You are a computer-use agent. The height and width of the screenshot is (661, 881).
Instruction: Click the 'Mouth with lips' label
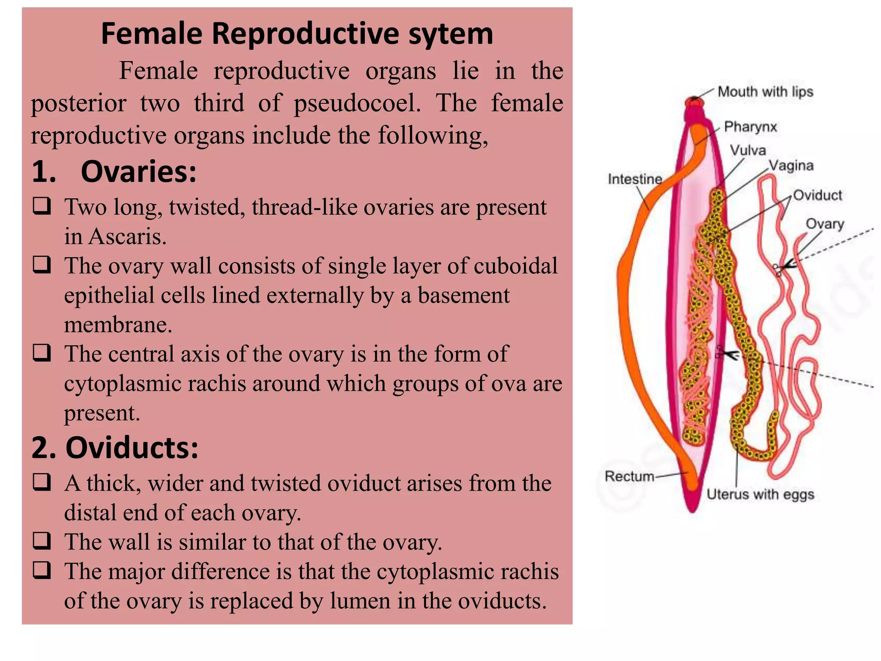pyautogui.click(x=765, y=92)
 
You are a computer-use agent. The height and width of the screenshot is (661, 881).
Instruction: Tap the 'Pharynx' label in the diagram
pyautogui.click(x=750, y=127)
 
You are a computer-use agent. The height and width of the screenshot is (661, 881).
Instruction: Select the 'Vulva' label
pyautogui.click(x=748, y=150)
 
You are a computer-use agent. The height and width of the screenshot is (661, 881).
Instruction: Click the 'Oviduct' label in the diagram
pyautogui.click(x=817, y=195)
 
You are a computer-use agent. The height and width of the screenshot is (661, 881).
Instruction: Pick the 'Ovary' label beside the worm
pyautogui.click(x=825, y=224)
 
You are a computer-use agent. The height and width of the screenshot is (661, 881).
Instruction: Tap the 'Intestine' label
pyautogui.click(x=635, y=179)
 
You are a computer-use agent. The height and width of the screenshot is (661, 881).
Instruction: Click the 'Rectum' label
pyautogui.click(x=629, y=476)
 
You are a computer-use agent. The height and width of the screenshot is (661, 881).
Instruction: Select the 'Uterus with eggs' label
pyautogui.click(x=760, y=494)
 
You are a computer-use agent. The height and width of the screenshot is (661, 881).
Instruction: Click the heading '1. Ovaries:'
pyautogui.click(x=114, y=172)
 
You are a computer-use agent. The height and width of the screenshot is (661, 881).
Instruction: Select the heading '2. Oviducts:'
pyautogui.click(x=115, y=448)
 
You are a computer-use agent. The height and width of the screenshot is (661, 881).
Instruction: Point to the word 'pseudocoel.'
pyautogui.click(x=357, y=103)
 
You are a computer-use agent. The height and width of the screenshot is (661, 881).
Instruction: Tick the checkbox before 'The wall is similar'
pyautogui.click(x=42, y=541)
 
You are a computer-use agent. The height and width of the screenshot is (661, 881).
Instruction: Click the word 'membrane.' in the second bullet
pyautogui.click(x=118, y=324)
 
